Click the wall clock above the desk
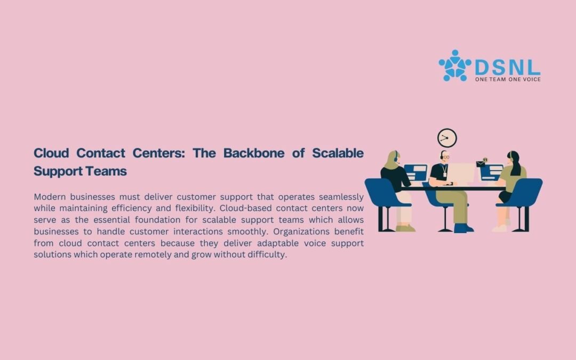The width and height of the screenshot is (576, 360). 447,138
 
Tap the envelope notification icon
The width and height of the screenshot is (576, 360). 481,164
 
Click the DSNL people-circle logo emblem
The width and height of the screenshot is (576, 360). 455,66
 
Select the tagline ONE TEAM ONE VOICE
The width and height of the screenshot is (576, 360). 508,79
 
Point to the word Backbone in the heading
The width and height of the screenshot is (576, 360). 254,153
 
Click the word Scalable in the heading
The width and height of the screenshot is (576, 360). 338,153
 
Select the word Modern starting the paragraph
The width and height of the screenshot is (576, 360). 50,197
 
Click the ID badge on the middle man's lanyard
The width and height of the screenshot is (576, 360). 444,174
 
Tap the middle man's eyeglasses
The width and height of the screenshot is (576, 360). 445,157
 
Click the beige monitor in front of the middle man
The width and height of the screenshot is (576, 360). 460,173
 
